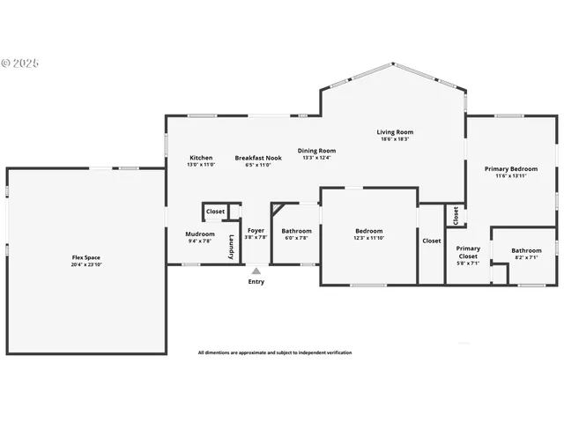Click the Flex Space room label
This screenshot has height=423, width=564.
point(85,257)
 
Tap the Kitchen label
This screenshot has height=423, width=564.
point(201,158)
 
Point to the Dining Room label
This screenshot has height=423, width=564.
point(316,151)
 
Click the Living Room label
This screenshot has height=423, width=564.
point(397,132)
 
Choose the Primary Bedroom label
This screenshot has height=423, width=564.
point(511,168)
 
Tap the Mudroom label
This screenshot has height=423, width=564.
point(200,234)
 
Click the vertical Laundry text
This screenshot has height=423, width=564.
point(232,247)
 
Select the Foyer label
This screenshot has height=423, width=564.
point(256,231)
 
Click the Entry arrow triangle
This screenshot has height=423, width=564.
point(256,271)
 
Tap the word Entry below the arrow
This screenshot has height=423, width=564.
point(256,282)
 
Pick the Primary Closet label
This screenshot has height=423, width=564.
point(468,252)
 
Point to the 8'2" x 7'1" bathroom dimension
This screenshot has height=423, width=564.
point(527,257)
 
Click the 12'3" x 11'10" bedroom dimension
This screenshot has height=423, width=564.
point(369,238)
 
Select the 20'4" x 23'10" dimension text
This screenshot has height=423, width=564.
point(85,264)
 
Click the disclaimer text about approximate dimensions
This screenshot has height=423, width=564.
point(275,352)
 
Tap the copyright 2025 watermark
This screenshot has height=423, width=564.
point(20,63)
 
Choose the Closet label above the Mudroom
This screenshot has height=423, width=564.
point(215,211)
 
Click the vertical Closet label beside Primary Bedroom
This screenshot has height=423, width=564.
point(456,214)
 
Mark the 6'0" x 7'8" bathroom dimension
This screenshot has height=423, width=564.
point(296,238)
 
